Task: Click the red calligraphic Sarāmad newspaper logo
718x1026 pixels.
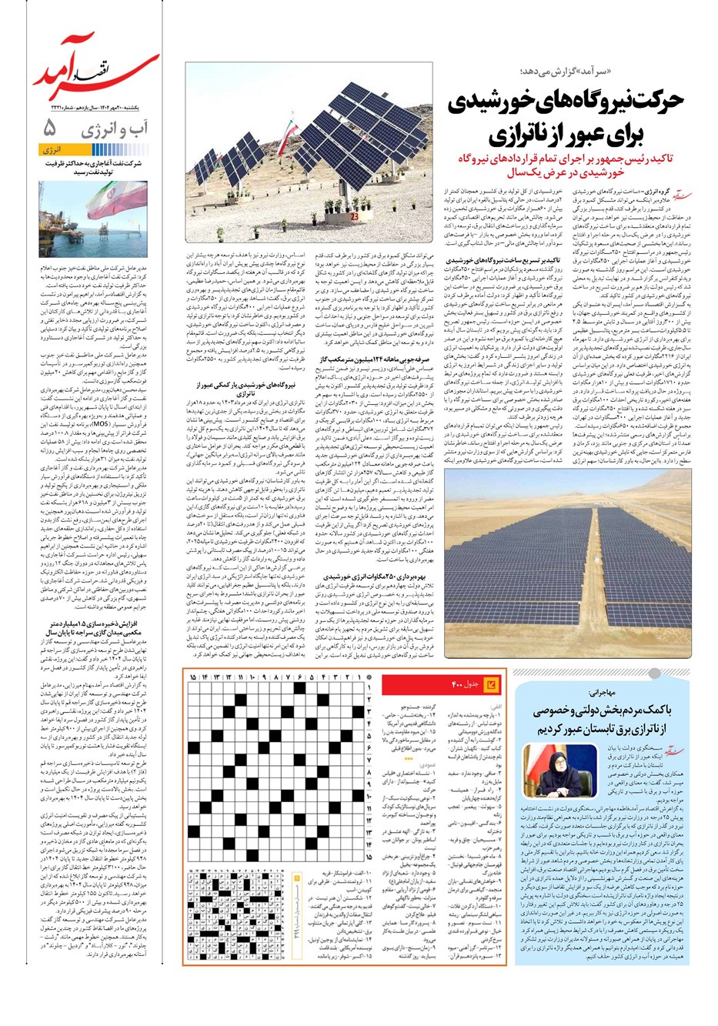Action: click(96, 69)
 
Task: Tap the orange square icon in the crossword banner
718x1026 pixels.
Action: click(491, 683)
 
